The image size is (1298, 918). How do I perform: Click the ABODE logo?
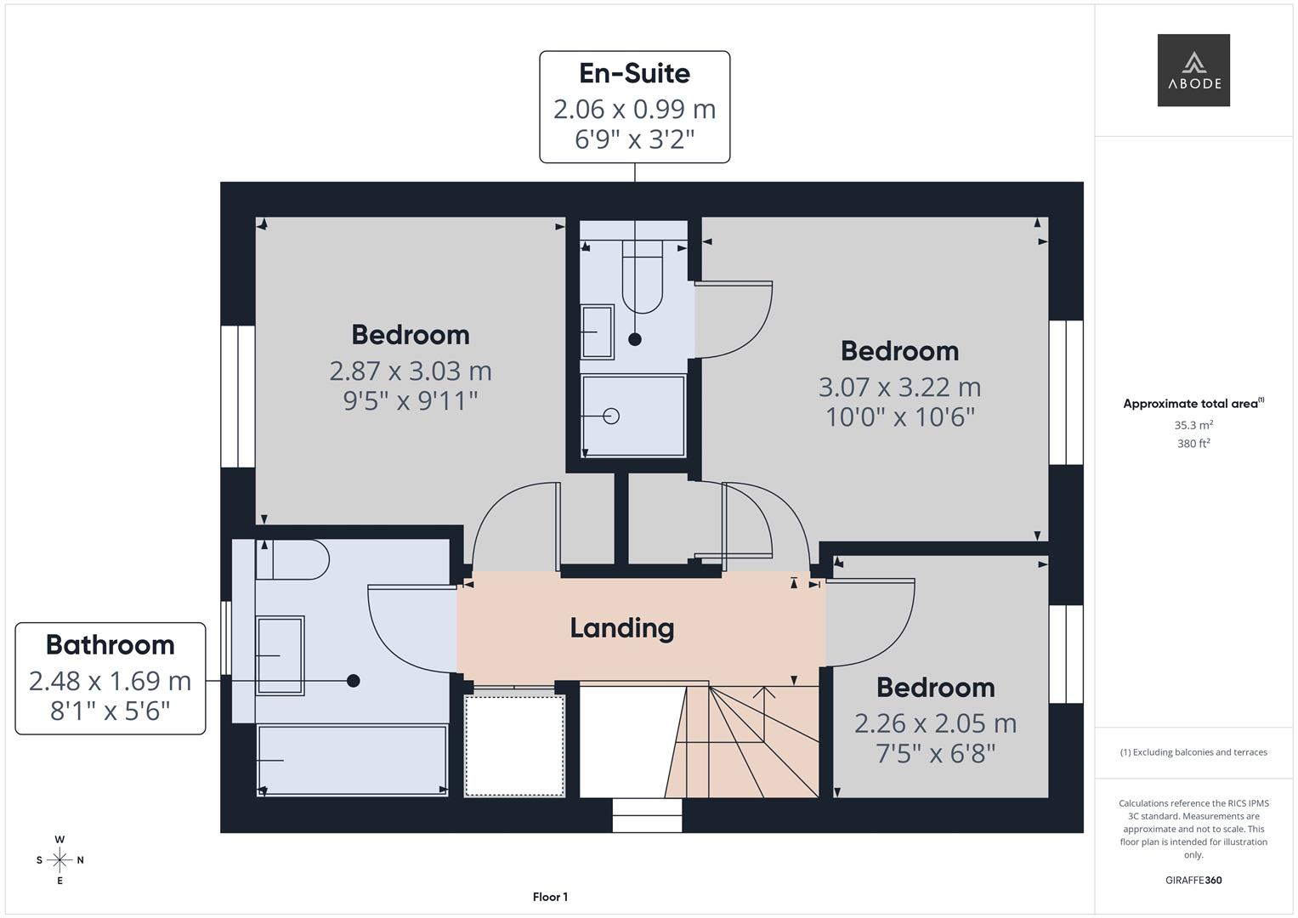(1193, 70)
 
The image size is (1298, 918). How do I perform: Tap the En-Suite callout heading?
(634, 73)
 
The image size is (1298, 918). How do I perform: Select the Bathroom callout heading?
(110, 645)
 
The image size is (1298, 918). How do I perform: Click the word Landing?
(621, 628)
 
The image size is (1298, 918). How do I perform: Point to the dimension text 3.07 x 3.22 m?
(899, 387)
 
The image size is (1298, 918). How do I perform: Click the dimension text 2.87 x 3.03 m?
(411, 371)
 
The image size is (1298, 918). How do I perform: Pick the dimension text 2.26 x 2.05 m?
(935, 723)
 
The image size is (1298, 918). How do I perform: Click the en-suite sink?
(597, 331)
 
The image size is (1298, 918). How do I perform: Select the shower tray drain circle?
(611, 416)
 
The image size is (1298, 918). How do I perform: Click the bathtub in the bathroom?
(352, 759)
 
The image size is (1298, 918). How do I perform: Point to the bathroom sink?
(280, 655)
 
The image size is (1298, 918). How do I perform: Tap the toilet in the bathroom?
(292, 559)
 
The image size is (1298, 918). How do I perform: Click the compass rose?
(60, 860)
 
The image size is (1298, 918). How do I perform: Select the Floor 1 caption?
(550, 897)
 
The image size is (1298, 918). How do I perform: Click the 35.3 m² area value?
(1193, 425)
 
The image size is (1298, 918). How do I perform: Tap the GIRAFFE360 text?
(1193, 881)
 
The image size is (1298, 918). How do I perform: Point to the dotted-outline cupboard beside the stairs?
(514, 745)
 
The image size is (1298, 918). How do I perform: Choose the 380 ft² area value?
(1193, 444)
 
